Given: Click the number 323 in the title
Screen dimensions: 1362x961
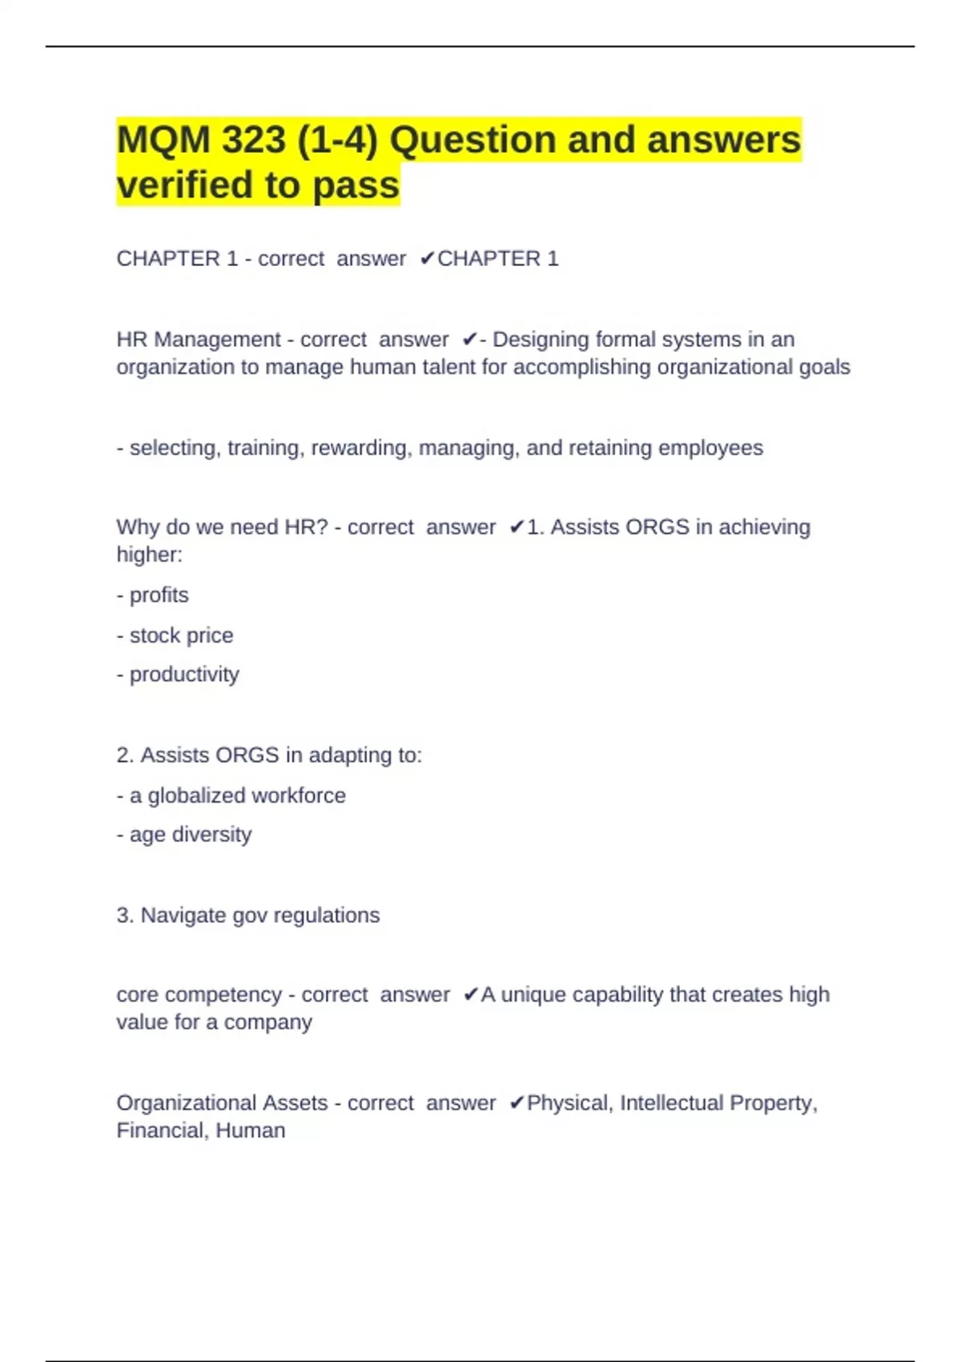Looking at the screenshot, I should click(253, 140).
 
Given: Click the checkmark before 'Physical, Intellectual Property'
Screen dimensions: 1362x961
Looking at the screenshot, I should click(517, 1103).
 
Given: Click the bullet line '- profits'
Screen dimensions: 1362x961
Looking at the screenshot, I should click(153, 595).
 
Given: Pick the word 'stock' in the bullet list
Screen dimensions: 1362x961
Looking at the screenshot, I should click(155, 635).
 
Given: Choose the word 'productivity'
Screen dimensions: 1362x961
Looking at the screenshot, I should click(184, 675).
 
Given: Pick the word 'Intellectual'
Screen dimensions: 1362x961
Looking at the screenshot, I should click(671, 1103).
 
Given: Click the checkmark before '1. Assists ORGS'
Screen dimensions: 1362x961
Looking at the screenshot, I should click(517, 527).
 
